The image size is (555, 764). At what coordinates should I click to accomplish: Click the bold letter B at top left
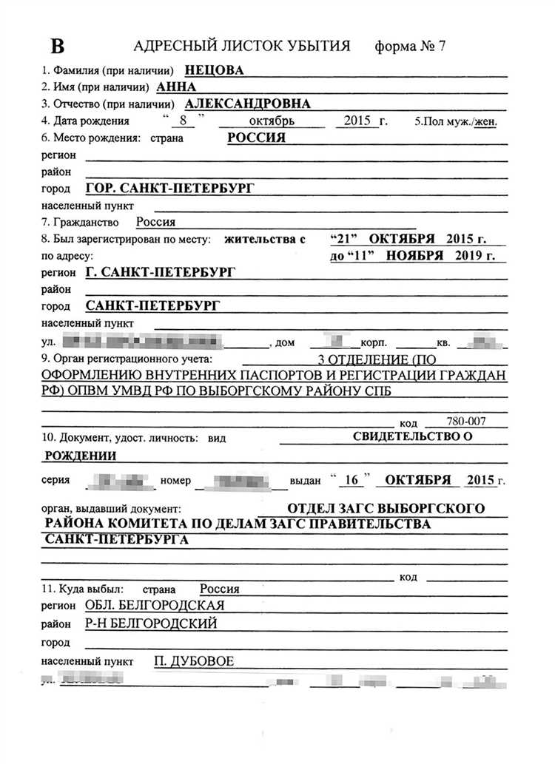[x=57, y=45]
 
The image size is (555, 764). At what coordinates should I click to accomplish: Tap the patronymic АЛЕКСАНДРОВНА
[x=247, y=104]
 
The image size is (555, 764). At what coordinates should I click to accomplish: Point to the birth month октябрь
[x=271, y=121]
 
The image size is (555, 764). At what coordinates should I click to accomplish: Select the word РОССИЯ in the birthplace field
[x=256, y=138]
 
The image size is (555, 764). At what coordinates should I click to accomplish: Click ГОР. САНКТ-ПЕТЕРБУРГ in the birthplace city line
[x=169, y=189]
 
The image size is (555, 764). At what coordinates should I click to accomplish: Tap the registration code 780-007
[x=466, y=421]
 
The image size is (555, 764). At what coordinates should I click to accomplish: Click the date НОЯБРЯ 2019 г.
[x=443, y=255]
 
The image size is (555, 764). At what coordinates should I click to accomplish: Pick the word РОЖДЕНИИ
[x=81, y=455]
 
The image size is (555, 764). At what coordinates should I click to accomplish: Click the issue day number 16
[x=352, y=479]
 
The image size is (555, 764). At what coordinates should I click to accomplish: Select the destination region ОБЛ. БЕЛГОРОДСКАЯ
[x=155, y=606]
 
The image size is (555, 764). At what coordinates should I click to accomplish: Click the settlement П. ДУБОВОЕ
[x=193, y=660]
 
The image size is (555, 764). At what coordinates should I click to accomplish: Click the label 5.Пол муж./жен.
[x=456, y=121]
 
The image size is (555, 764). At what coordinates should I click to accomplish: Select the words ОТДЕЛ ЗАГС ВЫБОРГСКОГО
[x=386, y=508]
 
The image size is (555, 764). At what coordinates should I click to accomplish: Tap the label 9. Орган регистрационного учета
[x=127, y=360]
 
